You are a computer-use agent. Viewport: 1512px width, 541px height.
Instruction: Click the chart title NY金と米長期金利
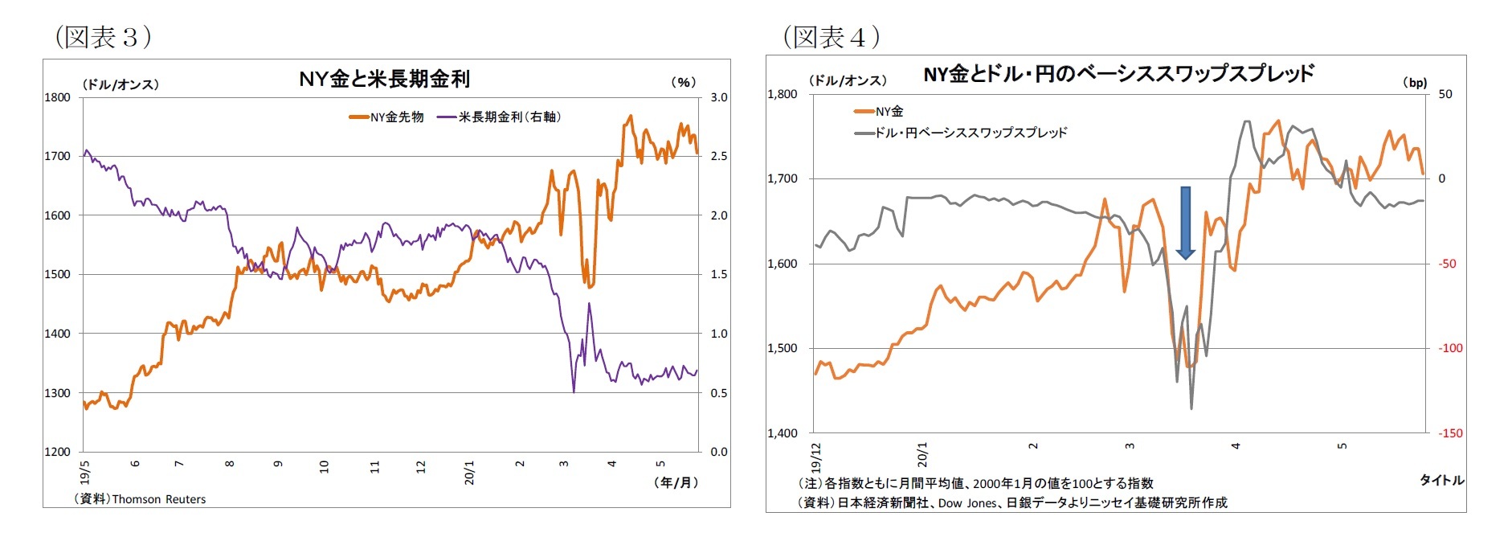point(384,79)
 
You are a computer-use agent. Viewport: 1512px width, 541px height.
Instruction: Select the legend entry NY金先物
point(386,117)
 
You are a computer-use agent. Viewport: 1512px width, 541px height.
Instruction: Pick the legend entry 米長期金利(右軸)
point(499,117)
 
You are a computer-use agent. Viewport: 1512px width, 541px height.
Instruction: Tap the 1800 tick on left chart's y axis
point(57,97)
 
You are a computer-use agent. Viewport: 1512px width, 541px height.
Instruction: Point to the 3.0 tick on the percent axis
point(718,97)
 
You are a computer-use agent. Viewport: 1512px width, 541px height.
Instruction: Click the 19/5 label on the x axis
point(84,471)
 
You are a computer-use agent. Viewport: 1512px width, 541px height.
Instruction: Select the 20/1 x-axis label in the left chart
point(469,472)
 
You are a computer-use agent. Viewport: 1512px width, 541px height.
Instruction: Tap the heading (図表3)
point(103,37)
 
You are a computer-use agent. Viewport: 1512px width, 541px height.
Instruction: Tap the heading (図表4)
point(832,37)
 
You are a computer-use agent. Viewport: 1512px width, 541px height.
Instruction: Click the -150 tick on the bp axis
point(1450,433)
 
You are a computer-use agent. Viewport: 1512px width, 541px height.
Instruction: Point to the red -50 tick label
point(1446,264)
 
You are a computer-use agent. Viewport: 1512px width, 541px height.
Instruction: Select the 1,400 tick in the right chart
point(783,433)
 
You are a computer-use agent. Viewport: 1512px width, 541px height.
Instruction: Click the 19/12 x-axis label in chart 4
point(816,457)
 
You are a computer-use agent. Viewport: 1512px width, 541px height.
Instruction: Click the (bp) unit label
point(1415,82)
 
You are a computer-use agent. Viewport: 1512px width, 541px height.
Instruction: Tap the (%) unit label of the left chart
point(683,82)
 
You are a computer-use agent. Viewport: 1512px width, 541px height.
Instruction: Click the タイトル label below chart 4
point(1441,480)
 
